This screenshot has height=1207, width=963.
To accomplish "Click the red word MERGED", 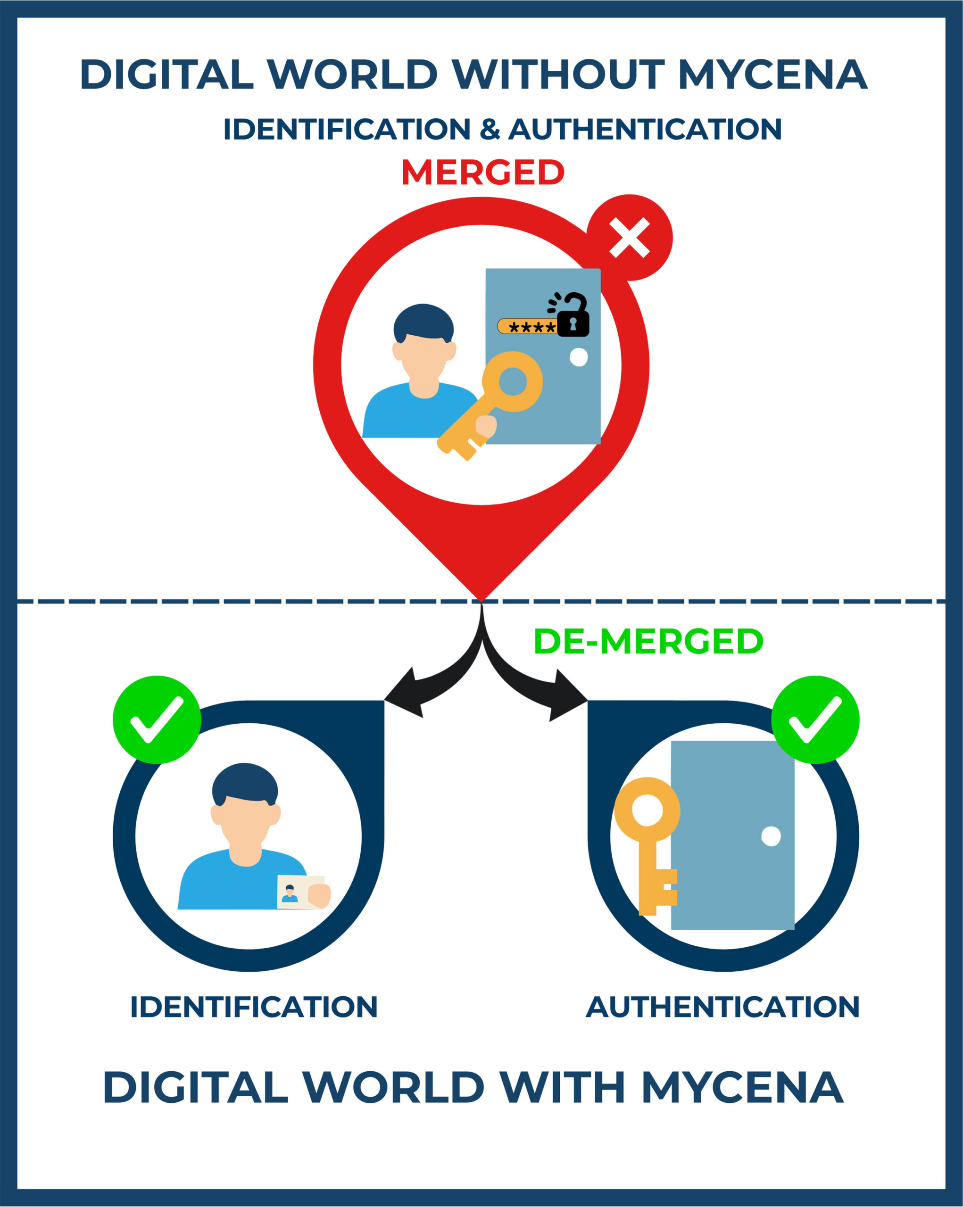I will pyautogui.click(x=482, y=172).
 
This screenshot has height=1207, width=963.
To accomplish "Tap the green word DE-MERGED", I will pyautogui.click(x=648, y=641).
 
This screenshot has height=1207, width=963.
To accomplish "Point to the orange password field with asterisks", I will pyautogui.click(x=527, y=326).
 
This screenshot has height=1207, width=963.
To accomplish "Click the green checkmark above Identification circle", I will pyautogui.click(x=157, y=719).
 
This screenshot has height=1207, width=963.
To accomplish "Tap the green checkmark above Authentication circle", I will pyautogui.click(x=815, y=719).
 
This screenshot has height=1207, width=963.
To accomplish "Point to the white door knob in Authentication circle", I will pyautogui.click(x=771, y=836).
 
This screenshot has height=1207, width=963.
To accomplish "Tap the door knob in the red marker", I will pyautogui.click(x=578, y=357).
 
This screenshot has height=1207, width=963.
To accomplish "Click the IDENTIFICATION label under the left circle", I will pyautogui.click(x=254, y=1007).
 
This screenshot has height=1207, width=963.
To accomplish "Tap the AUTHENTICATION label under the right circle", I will pyautogui.click(x=722, y=1007).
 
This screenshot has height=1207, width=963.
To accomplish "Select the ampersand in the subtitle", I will pyautogui.click(x=490, y=129).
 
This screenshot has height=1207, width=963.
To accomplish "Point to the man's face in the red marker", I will pyautogui.click(x=424, y=358).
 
